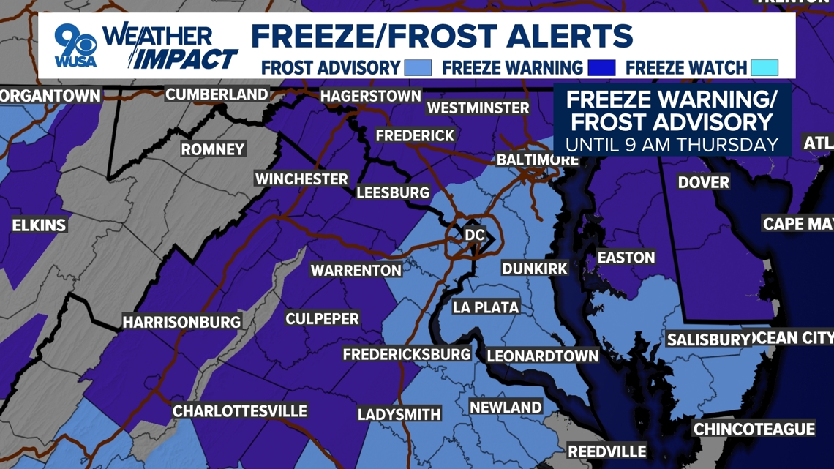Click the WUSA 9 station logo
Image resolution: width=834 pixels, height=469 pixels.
click(x=75, y=45)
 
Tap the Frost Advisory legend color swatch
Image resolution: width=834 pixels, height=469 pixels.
click(x=418, y=68)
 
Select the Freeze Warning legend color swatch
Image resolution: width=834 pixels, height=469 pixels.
click(x=601, y=68)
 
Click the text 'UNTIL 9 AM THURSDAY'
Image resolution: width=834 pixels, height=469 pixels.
click(x=672, y=144)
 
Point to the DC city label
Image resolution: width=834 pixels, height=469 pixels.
click(x=475, y=235)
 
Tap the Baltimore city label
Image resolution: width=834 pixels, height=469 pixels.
click(x=537, y=160)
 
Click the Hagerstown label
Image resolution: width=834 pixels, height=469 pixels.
click(x=370, y=96)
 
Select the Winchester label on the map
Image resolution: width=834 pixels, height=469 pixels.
click(x=301, y=179)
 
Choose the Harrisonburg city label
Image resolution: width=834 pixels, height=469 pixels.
click(x=181, y=322)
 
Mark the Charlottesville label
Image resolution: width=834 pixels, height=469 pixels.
click(x=239, y=410)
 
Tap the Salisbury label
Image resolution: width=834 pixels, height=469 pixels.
click(x=709, y=339)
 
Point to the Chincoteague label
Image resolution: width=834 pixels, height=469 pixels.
click(x=754, y=429)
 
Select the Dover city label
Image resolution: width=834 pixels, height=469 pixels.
click(x=703, y=181)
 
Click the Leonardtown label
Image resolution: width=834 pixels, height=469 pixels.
click(x=542, y=356)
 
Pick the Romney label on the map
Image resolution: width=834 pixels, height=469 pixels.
click(x=213, y=149)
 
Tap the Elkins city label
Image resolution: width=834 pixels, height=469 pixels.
click(x=39, y=225)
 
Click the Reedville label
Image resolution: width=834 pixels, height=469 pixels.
click(x=606, y=451)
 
